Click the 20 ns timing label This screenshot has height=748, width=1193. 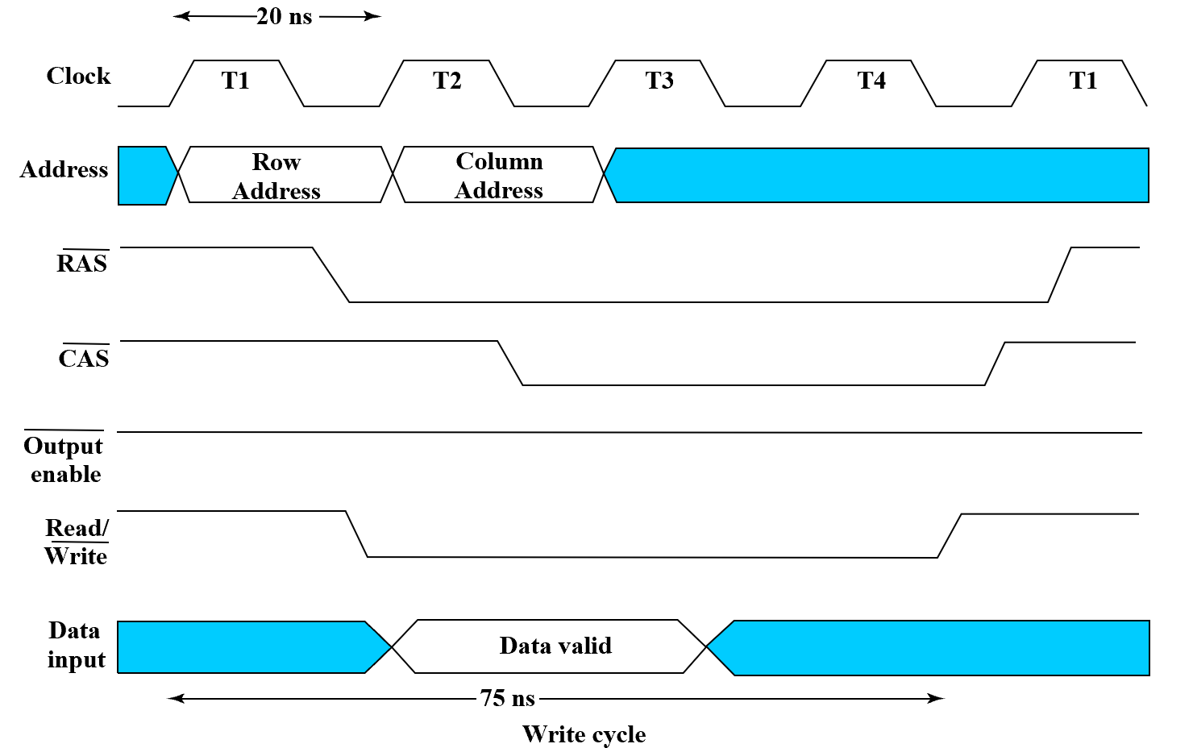284,17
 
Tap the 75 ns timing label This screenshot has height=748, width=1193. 507,698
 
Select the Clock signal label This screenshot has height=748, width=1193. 78,76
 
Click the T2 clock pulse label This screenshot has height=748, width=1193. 447,81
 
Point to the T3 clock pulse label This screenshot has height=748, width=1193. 659,81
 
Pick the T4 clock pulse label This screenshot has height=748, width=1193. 871,81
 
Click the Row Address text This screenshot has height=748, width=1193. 276,176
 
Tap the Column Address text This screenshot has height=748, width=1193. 499,175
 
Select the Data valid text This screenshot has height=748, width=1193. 555,646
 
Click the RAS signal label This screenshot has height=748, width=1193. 82,264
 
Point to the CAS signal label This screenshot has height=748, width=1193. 84,358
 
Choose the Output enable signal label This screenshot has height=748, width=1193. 64,459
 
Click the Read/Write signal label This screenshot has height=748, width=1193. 77,542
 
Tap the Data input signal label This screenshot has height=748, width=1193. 76,645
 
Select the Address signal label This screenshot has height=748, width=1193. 64,170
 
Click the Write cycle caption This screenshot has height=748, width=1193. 584,734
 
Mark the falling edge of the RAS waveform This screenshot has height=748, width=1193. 330,275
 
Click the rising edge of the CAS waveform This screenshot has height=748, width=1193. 995,364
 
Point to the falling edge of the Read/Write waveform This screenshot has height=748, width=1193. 356,534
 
